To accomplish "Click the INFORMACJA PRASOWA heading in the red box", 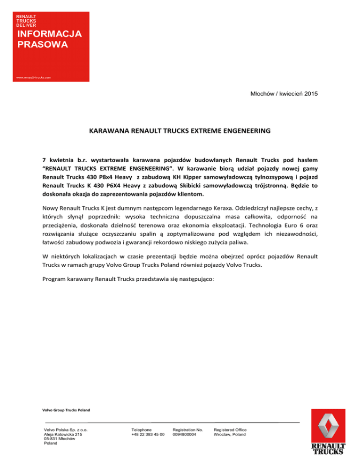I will coord(49,39).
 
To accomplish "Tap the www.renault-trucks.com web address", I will coord(34,77).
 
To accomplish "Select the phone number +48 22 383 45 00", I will coord(148,435).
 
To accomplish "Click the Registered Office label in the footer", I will coord(230,430).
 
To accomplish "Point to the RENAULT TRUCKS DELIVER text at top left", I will coord(27,21).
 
